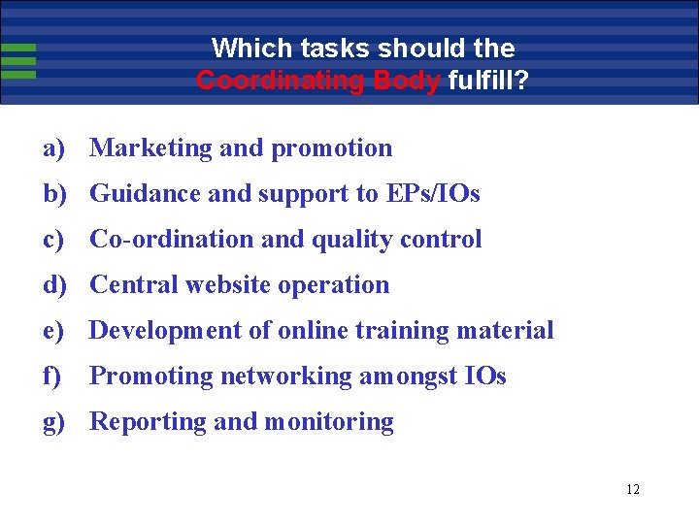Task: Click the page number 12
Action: pyautogui.click(x=633, y=489)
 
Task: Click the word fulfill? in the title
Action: pyautogui.click(x=488, y=80)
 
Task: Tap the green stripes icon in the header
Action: pyautogui.click(x=18, y=60)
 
